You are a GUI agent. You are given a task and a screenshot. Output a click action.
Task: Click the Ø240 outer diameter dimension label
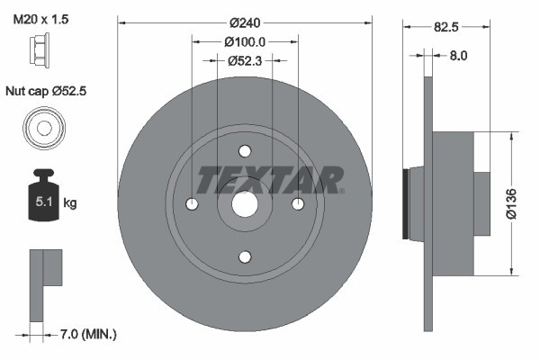[x=245, y=22]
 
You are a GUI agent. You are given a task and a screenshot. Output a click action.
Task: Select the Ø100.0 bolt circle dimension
[x=245, y=41]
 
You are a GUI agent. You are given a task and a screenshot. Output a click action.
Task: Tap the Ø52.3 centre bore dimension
[x=245, y=60]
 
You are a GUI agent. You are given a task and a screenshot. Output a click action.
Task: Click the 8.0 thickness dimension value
[x=457, y=55]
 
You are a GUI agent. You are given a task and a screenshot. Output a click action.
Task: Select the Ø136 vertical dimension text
[x=513, y=202]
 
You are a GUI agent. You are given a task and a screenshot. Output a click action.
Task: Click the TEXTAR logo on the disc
[x=270, y=180]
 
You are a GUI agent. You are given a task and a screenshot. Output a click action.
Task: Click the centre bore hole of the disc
[x=245, y=204]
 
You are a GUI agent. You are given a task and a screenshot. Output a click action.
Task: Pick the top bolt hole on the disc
[x=245, y=153]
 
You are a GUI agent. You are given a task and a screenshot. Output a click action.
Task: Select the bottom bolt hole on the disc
[x=245, y=256]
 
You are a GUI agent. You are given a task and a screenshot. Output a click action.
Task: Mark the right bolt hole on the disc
[x=297, y=204]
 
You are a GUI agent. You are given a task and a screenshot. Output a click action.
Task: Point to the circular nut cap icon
[x=42, y=127]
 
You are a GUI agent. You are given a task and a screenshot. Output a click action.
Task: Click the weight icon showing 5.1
[x=42, y=196]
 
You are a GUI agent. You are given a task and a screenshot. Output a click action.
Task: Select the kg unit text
[x=70, y=203]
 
